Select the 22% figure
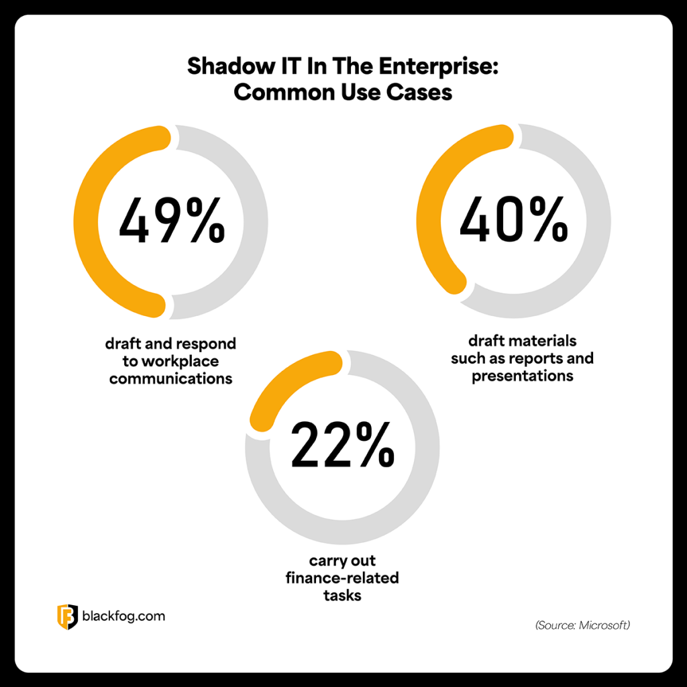pyautogui.click(x=343, y=445)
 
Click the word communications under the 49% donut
pyautogui.click(x=170, y=379)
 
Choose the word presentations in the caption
pyautogui.click(x=522, y=376)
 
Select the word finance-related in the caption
pyautogui.click(x=343, y=578)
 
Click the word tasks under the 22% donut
pyautogui.click(x=343, y=595)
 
